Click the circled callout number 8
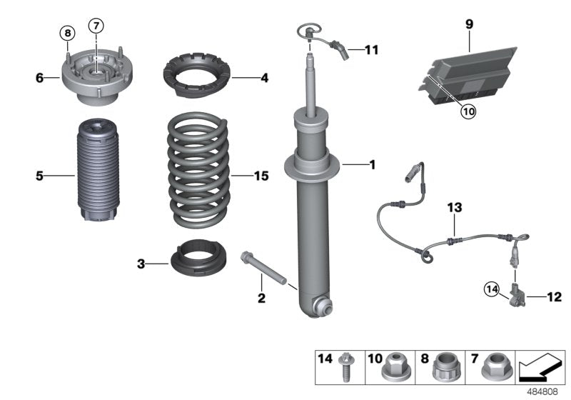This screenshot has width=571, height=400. pyautogui.click(x=66, y=33)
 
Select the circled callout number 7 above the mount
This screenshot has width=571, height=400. pyautogui.click(x=96, y=26)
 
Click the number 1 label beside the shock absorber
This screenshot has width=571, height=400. pyautogui.click(x=371, y=165)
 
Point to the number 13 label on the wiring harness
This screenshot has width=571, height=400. pyautogui.click(x=455, y=207)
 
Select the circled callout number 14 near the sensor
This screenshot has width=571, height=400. pyautogui.click(x=491, y=289)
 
